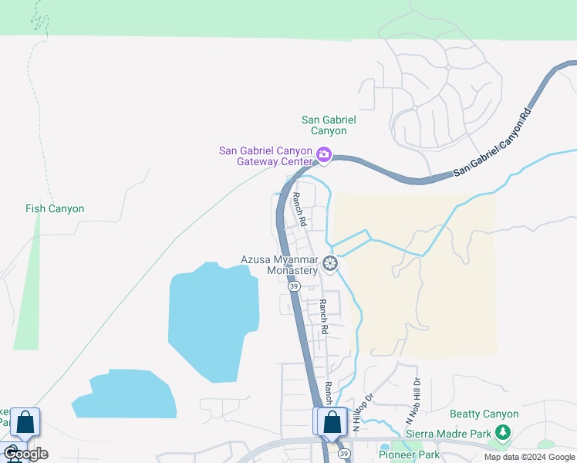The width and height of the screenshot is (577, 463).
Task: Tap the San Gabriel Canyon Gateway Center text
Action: coord(265,156)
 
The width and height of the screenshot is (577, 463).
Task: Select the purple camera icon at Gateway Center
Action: coord(324,155)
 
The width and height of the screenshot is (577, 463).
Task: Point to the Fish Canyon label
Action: coord(55,208)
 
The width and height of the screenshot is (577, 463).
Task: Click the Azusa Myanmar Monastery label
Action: coord(279,265)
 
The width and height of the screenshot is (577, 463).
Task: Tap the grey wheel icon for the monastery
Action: coord(330,265)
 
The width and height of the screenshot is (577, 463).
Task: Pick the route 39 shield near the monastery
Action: coord(294,286)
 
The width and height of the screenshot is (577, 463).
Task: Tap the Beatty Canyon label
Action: coord(484,414)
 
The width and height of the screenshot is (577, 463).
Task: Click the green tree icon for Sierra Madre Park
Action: coord(503,433)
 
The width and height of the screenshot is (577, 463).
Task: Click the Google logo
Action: coord(25,454)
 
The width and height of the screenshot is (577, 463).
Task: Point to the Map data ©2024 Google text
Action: coord(530,457)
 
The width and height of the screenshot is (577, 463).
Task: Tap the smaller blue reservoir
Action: coord(125,394)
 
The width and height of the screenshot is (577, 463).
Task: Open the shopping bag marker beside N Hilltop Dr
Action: coord(332,422)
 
